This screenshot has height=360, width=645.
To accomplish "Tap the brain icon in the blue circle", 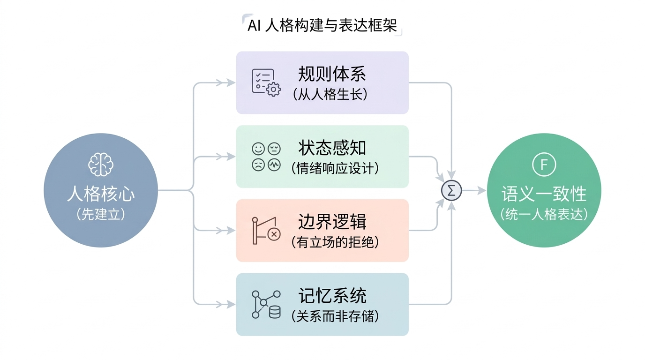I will (101, 165).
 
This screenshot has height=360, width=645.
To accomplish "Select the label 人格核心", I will (101, 194).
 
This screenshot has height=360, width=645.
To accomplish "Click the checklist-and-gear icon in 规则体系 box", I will (265, 82).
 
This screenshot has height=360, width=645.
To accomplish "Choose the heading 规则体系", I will (332, 74).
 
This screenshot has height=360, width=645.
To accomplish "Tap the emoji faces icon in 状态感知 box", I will (266, 157).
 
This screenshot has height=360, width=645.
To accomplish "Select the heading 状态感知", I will (332, 148).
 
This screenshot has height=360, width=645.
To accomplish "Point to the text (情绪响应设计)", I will (335, 168).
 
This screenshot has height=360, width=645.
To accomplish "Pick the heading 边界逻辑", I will (332, 222).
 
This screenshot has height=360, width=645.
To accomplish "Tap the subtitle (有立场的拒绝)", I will (335, 242).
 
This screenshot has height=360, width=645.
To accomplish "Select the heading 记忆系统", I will (332, 296).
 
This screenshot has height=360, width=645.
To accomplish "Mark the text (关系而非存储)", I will (335, 316).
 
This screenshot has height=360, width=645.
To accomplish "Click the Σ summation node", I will (452, 190).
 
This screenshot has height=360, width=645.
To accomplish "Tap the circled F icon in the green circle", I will (544, 165).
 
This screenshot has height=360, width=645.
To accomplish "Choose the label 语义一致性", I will (544, 194).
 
